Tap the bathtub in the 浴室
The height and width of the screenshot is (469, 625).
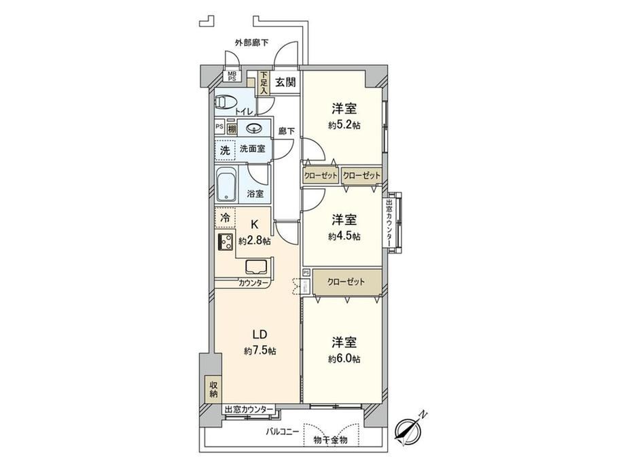227,185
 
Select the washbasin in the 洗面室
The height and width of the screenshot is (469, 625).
254,128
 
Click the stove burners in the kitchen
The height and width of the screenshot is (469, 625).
226,242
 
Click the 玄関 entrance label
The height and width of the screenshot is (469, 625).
285,82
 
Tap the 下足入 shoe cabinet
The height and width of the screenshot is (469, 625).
264,84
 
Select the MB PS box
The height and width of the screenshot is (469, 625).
232,76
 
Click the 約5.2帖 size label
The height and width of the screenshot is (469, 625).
344,125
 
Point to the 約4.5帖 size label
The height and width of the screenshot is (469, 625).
344,237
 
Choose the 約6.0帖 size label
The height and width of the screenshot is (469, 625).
344,359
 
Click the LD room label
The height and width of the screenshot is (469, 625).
260,334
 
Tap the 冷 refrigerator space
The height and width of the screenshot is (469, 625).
226,218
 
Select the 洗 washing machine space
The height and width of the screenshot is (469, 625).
226,151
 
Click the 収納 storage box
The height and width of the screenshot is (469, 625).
213,388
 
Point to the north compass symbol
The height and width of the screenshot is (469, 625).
408,429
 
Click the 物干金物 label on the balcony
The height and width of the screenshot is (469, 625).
330,440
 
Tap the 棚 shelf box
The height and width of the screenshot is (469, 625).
232,129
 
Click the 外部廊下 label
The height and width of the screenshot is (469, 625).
251,43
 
